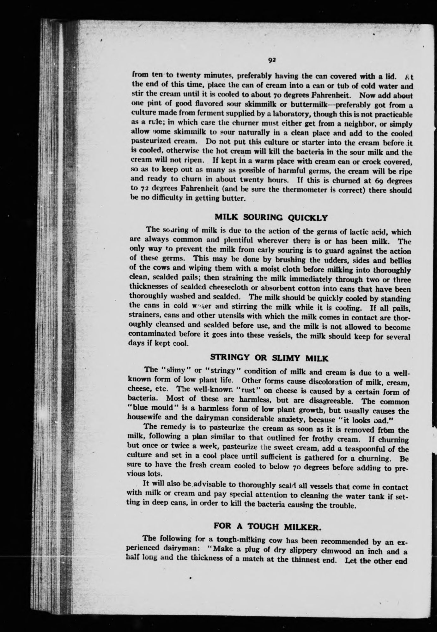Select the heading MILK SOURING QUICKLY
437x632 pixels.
pyautogui.click(x=271, y=218)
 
